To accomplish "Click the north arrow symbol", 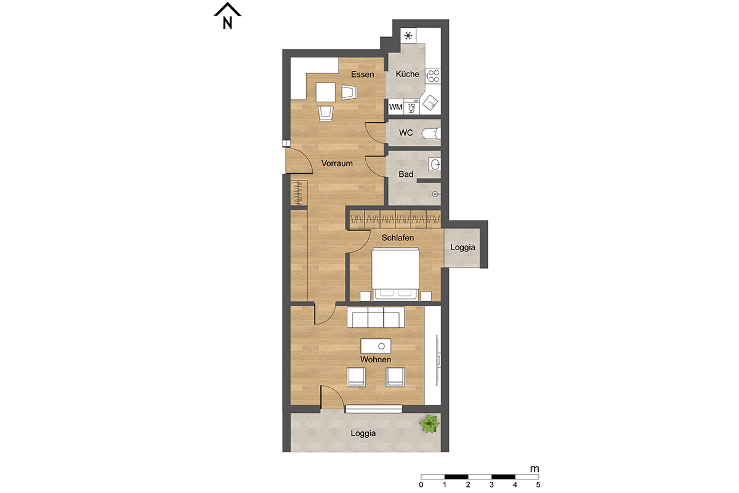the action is click(x=227, y=15).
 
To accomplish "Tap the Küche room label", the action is click(x=408, y=74).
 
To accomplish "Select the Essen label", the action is click(x=362, y=75).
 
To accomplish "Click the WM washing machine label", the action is click(x=395, y=107).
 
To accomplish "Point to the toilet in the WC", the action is click(x=431, y=134).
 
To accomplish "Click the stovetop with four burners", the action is click(x=433, y=76).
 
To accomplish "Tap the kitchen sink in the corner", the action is click(x=430, y=103).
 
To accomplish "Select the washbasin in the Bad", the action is click(x=435, y=164).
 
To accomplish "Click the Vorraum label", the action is click(x=337, y=163).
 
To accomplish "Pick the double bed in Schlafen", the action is click(x=395, y=274).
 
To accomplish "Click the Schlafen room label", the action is click(x=398, y=238).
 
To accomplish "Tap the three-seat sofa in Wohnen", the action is click(x=376, y=317).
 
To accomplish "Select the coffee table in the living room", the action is click(x=376, y=346).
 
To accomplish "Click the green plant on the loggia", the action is click(x=429, y=424).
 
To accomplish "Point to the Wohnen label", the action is click(x=376, y=359).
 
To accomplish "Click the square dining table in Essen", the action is click(x=326, y=92).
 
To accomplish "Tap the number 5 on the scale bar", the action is click(x=538, y=485).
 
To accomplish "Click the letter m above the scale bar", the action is click(x=535, y=469).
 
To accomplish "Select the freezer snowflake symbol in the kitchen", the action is click(x=408, y=36).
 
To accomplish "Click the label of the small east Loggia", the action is click(x=463, y=247).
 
